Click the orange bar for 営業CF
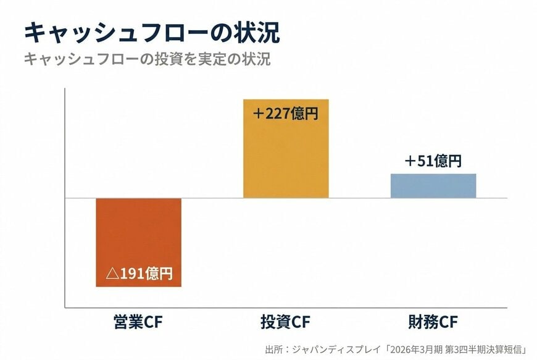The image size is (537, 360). (138, 235)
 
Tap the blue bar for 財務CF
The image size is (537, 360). (433, 186)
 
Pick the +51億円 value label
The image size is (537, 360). (433, 161)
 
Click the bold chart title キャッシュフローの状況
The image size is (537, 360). (151, 33)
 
